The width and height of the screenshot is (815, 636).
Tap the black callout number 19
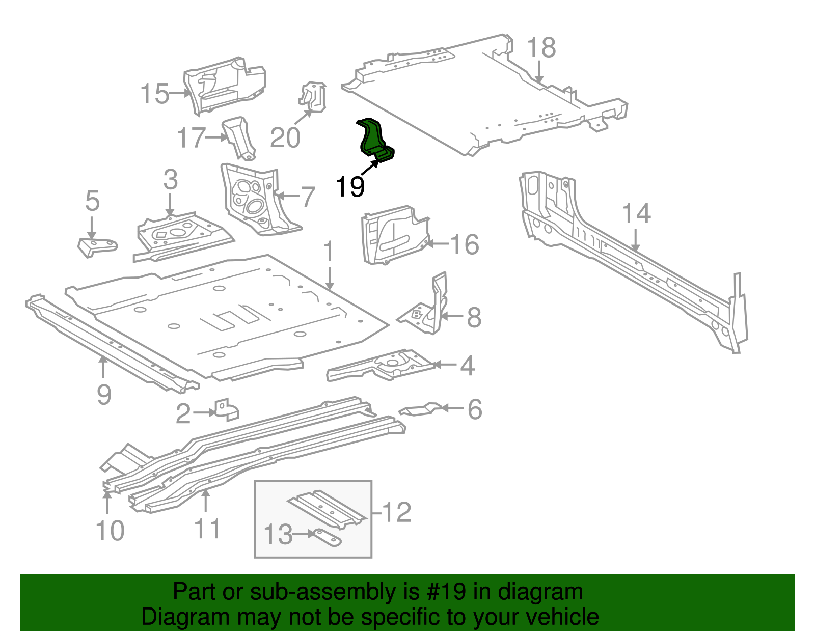350,187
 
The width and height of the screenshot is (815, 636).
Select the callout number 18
541,48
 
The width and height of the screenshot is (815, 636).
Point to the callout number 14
636,214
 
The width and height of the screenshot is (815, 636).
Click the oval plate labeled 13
326,537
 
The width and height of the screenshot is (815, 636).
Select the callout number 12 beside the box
396,512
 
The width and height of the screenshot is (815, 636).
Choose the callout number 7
308,198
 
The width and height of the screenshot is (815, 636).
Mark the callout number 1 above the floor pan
329,252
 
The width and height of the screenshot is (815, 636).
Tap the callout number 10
110,531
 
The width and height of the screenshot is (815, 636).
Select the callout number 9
104,395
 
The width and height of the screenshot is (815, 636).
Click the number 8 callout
474,318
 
